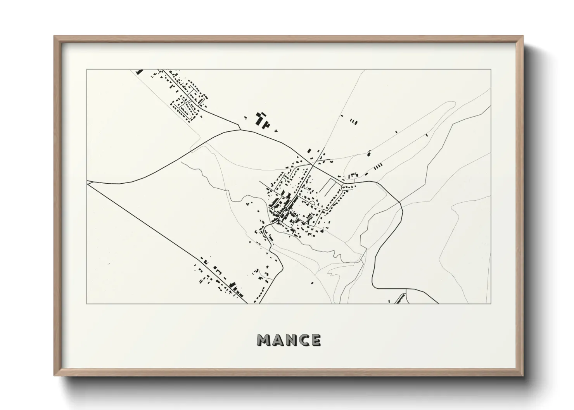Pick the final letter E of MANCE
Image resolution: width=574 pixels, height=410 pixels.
pyautogui.click(x=316, y=340)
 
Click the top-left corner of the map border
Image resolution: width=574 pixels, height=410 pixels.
pyautogui.click(x=87, y=70)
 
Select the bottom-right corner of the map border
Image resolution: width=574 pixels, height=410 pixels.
pyautogui.click(x=491, y=303)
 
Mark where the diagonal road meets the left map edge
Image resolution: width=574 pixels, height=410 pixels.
pyautogui.click(x=87, y=184)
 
